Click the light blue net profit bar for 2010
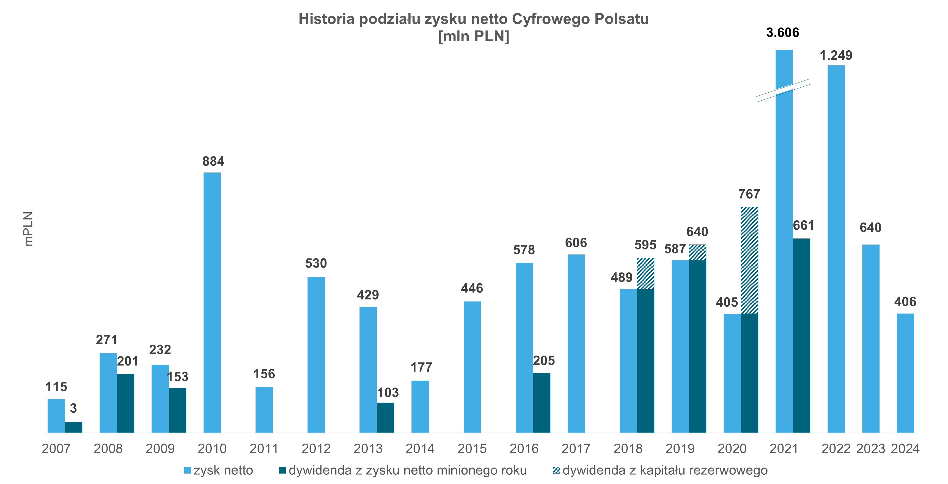coord(212,302)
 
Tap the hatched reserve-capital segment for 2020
coord(749,260)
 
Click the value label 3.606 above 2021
coord(782,33)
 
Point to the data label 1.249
coord(836,56)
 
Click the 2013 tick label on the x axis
coord(368,449)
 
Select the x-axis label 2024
coord(905,449)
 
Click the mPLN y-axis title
coord(28,229)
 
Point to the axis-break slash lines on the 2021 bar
coord(784,90)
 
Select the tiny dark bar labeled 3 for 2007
coord(74,427)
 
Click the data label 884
coord(213,161)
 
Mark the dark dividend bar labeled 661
coord(801,335)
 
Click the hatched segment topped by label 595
coord(645,273)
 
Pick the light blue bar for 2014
coord(420,406)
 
